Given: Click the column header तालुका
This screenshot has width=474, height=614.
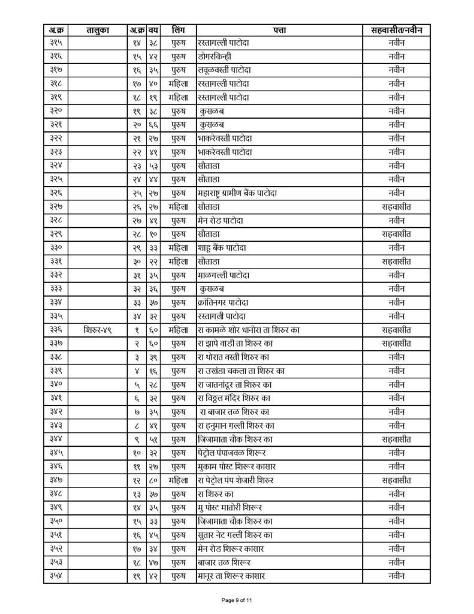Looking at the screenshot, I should pos(96,29).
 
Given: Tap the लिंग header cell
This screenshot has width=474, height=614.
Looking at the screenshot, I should pos(177,29).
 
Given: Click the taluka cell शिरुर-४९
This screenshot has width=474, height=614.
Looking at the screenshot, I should pos(96,329).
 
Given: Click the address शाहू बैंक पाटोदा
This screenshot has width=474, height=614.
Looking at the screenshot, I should pos(222,248).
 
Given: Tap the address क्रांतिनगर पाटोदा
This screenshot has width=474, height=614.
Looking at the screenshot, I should pos(225,303).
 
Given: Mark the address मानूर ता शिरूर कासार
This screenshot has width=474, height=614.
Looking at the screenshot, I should pos(231,577).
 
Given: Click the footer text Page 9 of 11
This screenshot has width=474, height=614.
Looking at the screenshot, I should pos(237,600).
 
